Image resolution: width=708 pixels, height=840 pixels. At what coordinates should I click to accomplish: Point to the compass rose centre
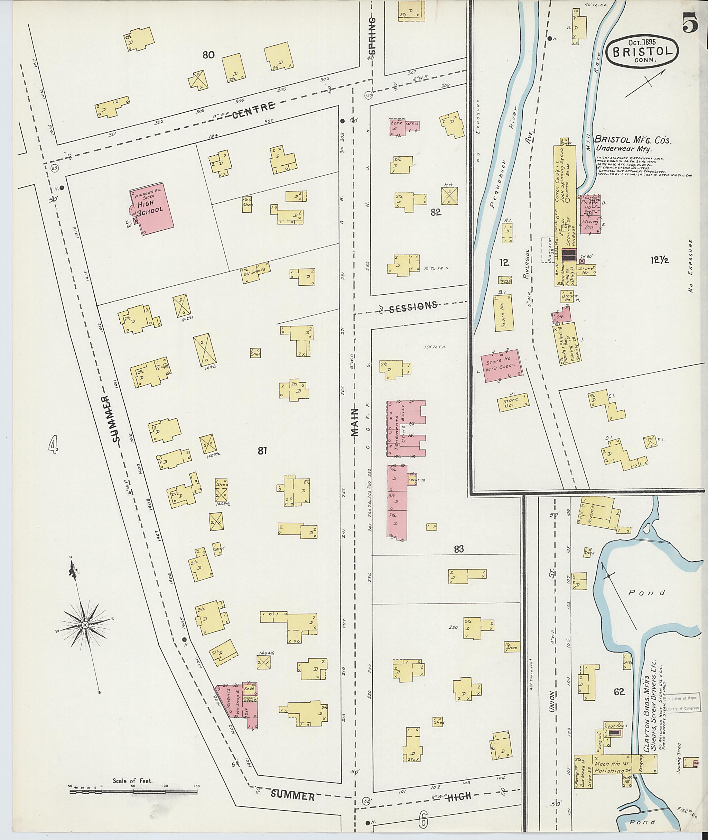click(x=85, y=637)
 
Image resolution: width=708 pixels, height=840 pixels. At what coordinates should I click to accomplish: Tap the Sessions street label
click(x=413, y=306)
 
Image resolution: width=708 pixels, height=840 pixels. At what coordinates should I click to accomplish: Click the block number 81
click(x=262, y=451)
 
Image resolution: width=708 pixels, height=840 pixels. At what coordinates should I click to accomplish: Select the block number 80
click(x=208, y=55)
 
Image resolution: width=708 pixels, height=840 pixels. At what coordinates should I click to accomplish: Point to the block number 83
click(x=459, y=549)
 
